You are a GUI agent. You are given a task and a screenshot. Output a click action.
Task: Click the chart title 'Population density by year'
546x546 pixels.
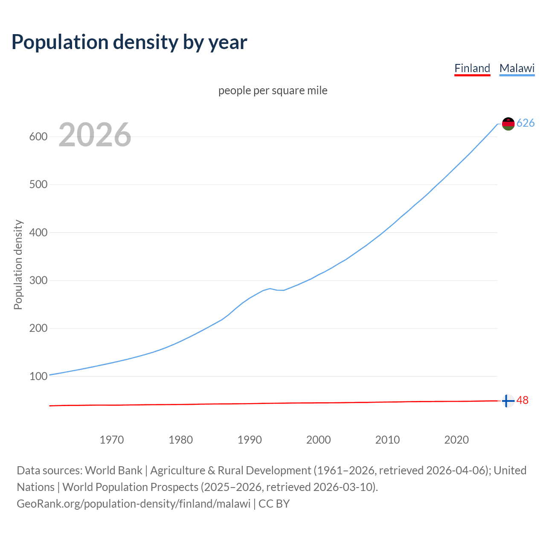(x=129, y=42)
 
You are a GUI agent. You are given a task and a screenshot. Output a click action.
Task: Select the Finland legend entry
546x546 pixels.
(x=472, y=68)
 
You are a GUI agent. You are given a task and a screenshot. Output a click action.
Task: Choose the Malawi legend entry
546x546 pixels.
(x=517, y=68)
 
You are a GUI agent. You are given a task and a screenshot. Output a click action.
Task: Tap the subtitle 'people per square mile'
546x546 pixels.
(x=273, y=90)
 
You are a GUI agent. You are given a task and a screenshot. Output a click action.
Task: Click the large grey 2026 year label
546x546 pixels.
(x=95, y=135)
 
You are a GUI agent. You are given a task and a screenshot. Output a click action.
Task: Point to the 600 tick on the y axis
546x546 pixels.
(x=38, y=137)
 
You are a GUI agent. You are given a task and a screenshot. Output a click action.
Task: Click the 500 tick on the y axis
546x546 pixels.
(x=38, y=185)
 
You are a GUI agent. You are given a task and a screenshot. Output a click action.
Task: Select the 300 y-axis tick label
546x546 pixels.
(x=38, y=281)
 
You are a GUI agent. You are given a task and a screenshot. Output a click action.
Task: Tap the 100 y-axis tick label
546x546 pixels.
(x=38, y=376)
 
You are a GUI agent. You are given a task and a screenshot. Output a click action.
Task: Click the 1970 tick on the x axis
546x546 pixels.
(x=112, y=440)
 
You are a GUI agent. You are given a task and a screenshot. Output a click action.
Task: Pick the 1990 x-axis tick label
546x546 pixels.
(x=250, y=440)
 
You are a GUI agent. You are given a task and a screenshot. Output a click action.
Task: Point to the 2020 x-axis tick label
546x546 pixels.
(x=456, y=440)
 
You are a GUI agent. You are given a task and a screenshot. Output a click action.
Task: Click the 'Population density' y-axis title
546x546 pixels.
(x=18, y=264)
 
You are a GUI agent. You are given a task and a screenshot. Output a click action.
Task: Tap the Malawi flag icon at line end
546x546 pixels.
(x=508, y=124)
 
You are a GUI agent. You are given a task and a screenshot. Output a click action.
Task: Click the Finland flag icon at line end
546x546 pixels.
(x=508, y=401)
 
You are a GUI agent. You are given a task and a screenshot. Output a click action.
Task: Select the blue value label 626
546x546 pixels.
(x=526, y=123)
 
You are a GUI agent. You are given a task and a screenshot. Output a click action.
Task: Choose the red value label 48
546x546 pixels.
(x=523, y=401)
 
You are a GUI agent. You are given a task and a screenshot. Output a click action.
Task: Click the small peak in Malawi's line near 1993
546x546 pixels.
(x=270, y=289)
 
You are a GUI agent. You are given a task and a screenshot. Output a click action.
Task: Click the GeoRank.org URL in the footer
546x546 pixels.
(x=134, y=504)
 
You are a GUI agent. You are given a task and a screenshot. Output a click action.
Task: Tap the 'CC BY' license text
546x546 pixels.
(x=274, y=504)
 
